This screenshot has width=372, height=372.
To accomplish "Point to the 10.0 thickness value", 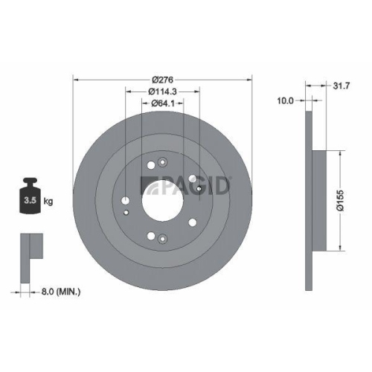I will pos(286,100).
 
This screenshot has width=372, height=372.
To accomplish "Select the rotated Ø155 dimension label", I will pos(338,201).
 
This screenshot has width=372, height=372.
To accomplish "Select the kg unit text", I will pos(48,202).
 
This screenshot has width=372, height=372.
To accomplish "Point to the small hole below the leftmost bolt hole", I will pos(127,214).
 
